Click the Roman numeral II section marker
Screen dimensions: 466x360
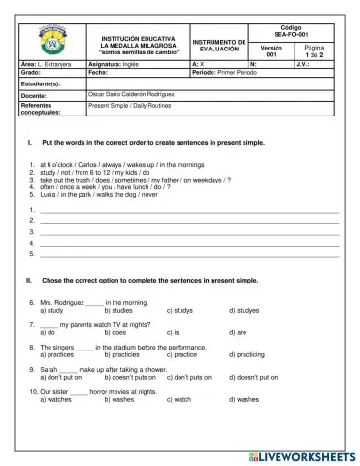tap(29, 280)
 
